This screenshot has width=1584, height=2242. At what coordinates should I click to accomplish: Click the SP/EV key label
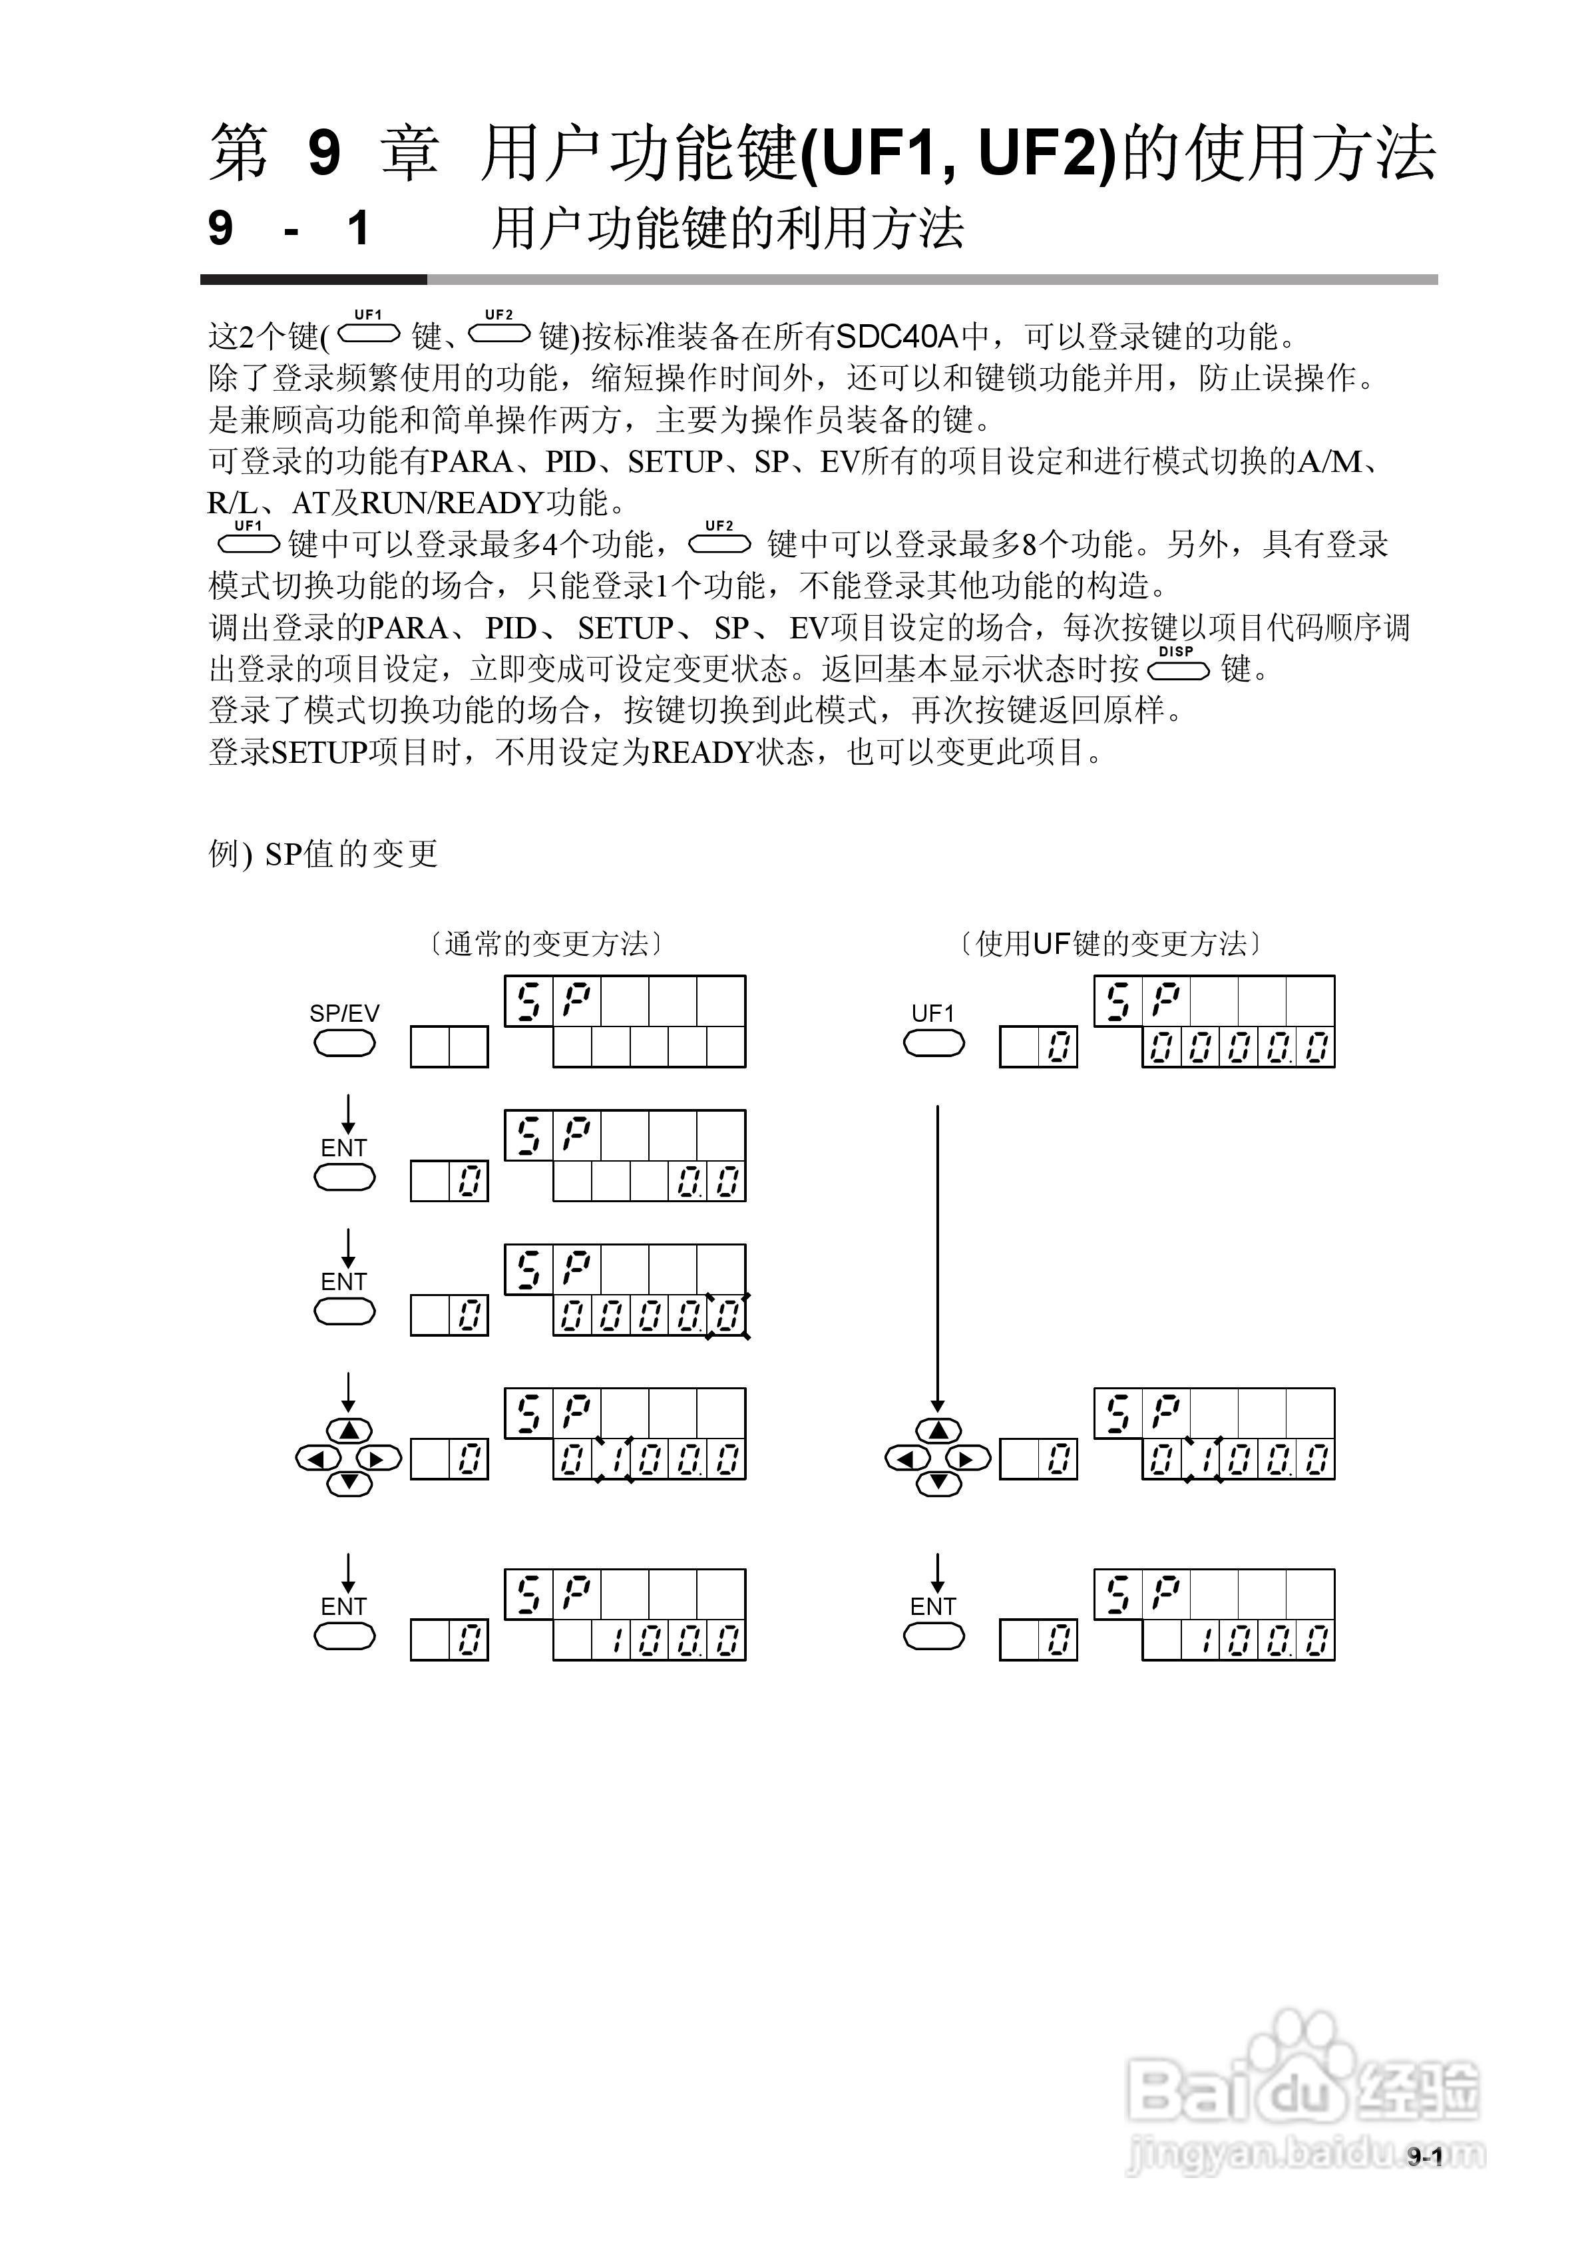click(343, 1014)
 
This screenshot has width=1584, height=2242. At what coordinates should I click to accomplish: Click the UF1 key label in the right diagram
click(932, 1014)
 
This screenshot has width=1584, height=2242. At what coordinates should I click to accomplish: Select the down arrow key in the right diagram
click(938, 1483)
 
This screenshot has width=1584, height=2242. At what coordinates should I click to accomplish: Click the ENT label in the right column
click(932, 1606)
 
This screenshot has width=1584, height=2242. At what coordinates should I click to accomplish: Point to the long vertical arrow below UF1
click(938, 1259)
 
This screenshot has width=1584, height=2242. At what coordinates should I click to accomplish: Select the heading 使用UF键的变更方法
click(1111, 943)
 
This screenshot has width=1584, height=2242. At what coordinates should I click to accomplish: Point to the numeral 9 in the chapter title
click(323, 153)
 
